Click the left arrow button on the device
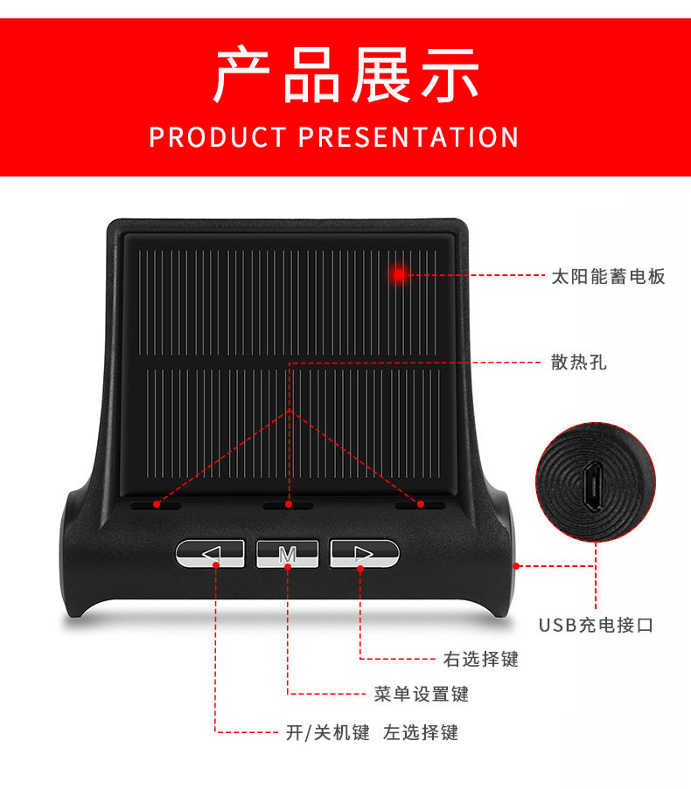210,553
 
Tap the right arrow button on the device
364,553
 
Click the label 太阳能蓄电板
609,276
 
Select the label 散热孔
579,363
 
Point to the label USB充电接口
596,625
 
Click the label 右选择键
481,659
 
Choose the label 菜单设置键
421,694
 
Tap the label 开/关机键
328,732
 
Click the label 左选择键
421,732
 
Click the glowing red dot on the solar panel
399,274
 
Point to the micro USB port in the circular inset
593,486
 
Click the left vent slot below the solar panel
156,505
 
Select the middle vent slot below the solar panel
288,505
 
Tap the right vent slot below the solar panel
420,505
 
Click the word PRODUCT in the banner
218,137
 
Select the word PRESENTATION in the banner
408,137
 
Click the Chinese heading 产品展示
345,74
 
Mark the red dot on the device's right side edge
516,566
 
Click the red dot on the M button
288,566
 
